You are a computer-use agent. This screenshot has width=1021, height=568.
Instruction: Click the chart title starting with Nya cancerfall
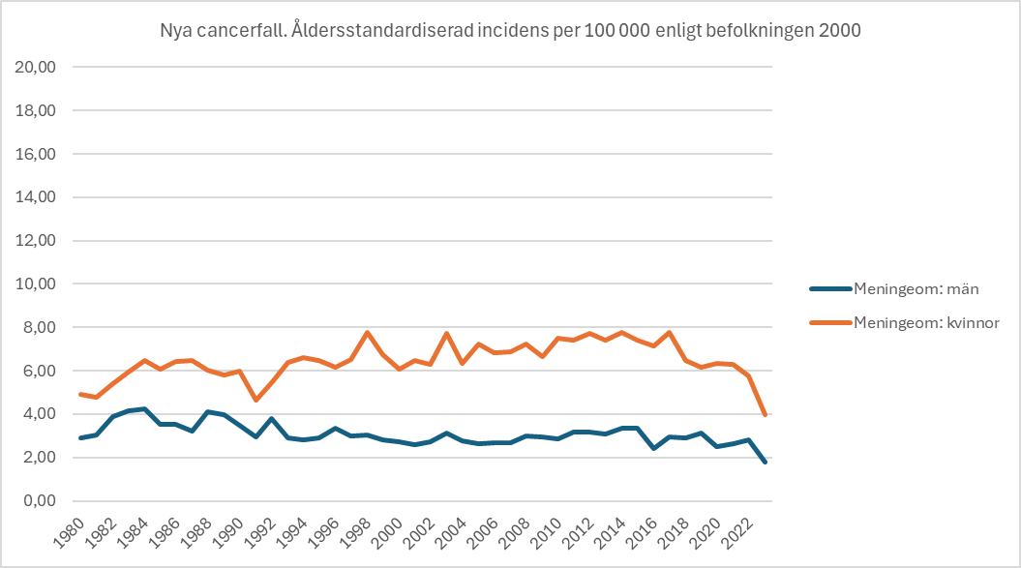pos(511,31)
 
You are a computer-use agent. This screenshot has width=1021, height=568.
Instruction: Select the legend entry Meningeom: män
pos(894,288)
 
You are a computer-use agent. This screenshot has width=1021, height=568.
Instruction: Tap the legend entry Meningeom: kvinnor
pos(905,322)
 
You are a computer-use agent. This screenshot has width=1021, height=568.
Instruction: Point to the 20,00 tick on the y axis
pos(36,67)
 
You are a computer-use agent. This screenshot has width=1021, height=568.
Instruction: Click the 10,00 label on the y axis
pos(36,284)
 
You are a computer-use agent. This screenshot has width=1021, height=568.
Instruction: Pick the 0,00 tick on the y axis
pos(40,501)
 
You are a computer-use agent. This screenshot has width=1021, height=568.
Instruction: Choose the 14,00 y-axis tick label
pos(36,197)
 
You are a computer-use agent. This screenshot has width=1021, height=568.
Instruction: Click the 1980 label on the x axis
pos(69,533)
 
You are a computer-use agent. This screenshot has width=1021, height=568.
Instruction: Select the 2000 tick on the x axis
pos(387,533)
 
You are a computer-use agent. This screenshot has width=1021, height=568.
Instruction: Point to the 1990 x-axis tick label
pos(227,533)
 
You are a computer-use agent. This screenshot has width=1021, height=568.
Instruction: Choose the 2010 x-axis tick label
pos(547,533)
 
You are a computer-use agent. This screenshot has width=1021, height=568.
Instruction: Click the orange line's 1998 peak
pos(367,332)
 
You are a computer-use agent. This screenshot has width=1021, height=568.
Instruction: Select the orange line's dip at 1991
pos(255,400)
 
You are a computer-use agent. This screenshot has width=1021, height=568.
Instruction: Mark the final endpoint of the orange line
pos(766,414)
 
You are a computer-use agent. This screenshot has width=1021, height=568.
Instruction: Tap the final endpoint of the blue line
pos(766,462)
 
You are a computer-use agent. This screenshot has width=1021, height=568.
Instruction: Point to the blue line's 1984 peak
pos(144,409)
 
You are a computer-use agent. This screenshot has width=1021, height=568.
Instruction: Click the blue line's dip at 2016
pos(654,449)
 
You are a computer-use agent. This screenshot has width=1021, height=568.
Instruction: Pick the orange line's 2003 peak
pos(447,334)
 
